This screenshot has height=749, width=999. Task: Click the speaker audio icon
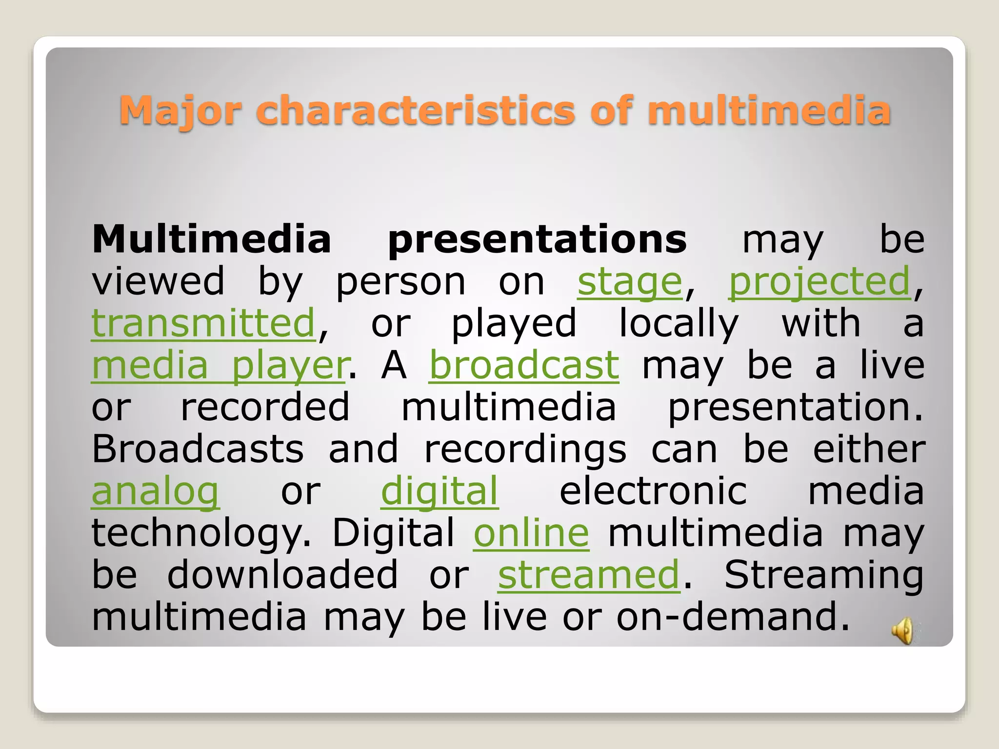[x=902, y=630]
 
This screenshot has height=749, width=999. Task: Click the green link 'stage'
[x=629, y=282]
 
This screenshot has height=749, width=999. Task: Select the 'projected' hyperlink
[x=819, y=282]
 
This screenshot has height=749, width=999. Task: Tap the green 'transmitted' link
[x=203, y=324]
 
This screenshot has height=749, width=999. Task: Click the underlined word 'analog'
[x=155, y=492]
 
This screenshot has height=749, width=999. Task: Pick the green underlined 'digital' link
[x=439, y=492]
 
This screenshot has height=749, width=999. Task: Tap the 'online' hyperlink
[x=531, y=533]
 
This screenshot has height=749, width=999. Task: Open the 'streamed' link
[x=588, y=575]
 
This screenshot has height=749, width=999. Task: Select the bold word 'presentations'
[x=537, y=240]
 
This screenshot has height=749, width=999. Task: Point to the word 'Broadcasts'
[x=198, y=449]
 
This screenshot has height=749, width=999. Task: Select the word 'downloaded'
[x=282, y=575]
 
